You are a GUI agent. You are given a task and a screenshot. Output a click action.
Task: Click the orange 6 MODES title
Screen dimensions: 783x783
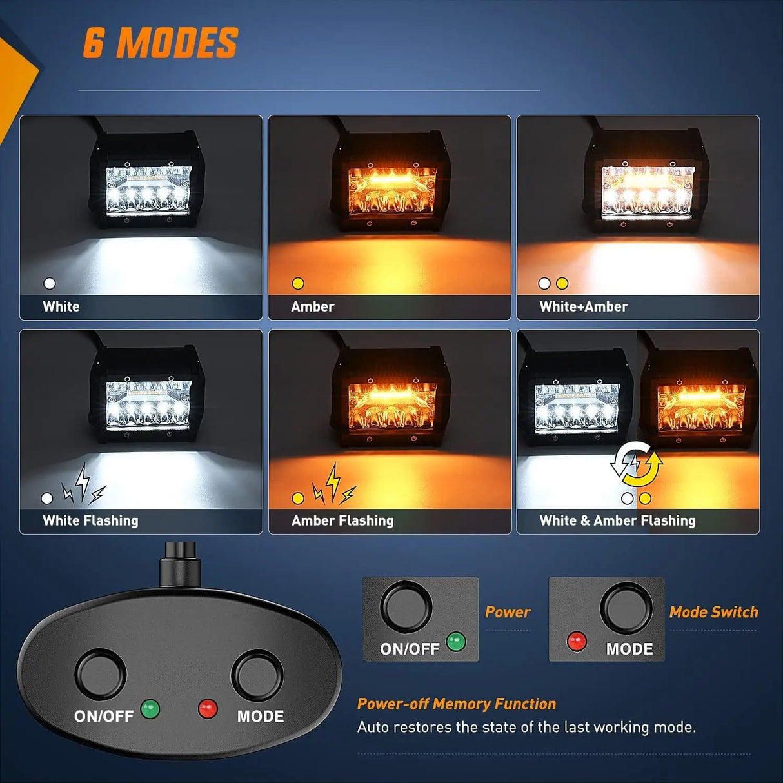point(161,43)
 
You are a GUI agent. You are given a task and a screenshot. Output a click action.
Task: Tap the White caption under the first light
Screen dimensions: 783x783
point(61,306)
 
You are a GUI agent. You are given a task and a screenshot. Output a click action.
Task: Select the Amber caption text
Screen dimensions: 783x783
point(313,306)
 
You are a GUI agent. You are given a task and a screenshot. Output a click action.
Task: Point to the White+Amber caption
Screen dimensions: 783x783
point(584,306)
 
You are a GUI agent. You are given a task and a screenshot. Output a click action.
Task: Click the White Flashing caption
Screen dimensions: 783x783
point(90,520)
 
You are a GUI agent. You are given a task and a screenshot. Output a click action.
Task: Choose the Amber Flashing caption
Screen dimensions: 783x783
point(342,520)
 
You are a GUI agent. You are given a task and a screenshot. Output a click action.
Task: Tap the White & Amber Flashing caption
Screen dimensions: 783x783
point(617,520)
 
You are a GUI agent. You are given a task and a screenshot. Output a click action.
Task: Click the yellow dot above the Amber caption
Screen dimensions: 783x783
point(298,283)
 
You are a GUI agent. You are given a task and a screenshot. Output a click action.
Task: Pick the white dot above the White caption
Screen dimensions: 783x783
point(50,283)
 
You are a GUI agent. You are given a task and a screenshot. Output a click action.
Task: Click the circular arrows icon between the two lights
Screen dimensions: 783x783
point(637,464)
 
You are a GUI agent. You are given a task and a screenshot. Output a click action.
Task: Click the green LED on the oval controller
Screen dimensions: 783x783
point(150,708)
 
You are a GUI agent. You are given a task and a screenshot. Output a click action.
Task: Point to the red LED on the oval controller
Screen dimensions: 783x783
point(208,709)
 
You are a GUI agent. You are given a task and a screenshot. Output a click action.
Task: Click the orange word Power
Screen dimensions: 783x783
point(508,612)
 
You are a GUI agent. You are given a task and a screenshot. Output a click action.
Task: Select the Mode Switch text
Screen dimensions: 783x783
point(713,612)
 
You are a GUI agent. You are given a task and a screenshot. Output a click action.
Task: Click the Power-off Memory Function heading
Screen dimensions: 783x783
point(457,704)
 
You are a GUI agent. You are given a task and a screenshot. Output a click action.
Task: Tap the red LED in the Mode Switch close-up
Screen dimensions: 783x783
point(576,641)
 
